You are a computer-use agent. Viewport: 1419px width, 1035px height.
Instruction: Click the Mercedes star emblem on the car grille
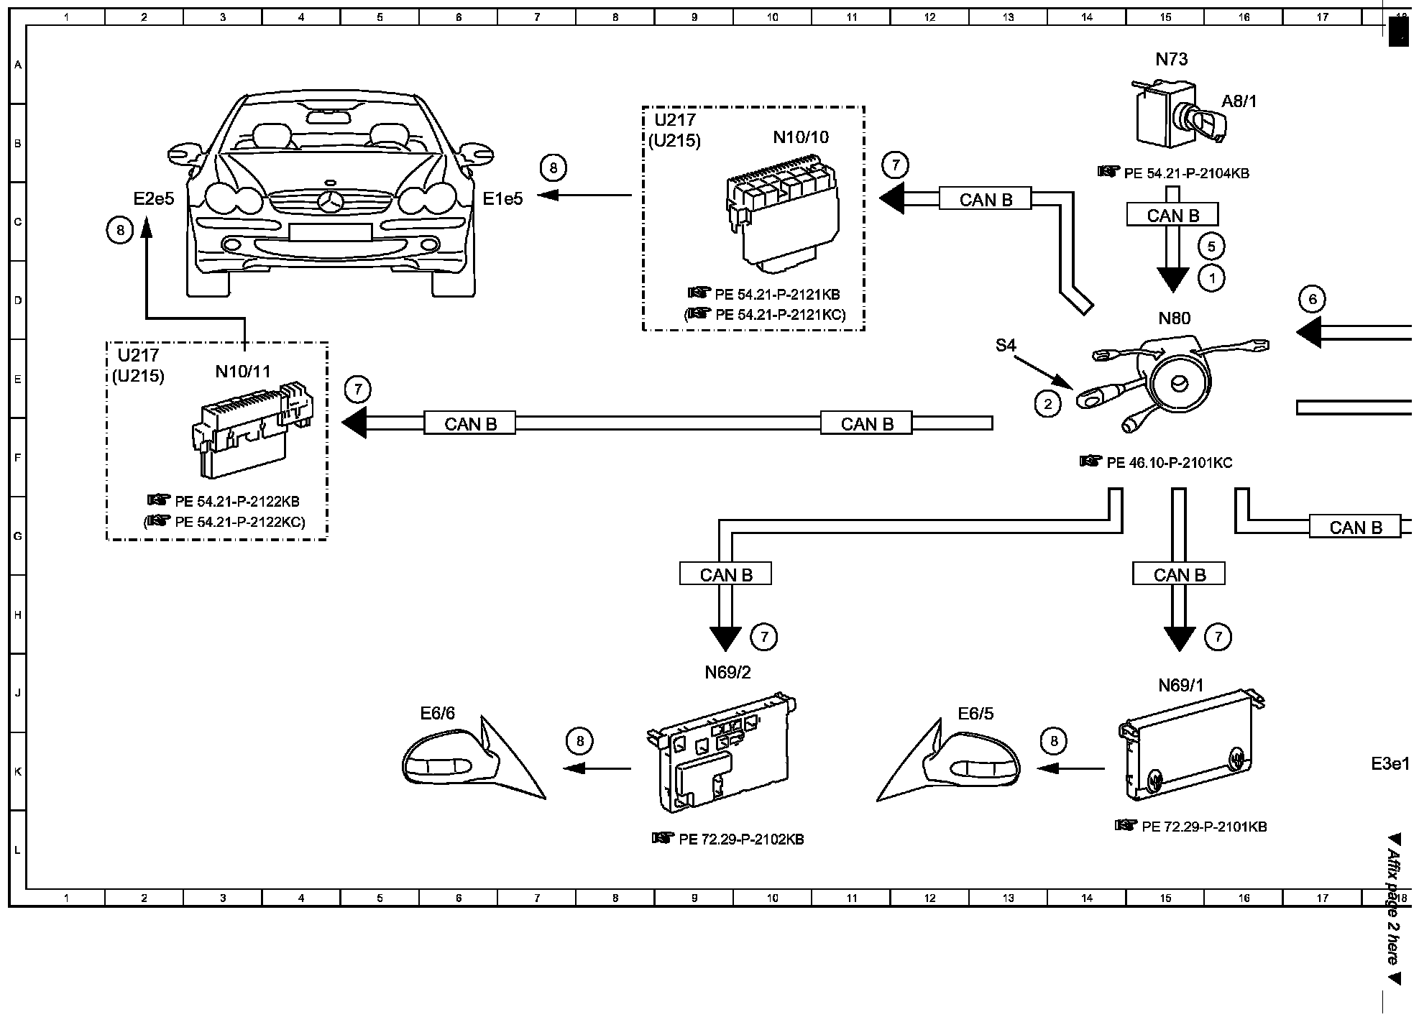(330, 203)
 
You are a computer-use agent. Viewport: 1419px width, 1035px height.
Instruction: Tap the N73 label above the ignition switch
(1172, 60)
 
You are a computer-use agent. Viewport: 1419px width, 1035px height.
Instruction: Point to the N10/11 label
(243, 372)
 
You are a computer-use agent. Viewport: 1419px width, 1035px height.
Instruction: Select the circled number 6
(1312, 299)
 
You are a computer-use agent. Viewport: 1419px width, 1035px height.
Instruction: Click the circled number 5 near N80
(1211, 247)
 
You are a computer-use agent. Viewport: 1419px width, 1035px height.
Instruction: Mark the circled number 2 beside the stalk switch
(1047, 404)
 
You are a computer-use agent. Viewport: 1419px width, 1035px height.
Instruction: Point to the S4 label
(1006, 346)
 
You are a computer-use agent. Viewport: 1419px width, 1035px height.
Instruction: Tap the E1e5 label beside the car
(502, 199)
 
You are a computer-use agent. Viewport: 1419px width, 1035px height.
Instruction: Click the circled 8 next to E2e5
(120, 230)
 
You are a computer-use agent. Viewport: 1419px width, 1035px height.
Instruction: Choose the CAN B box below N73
(1172, 216)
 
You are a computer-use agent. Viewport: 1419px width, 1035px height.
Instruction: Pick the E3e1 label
(1390, 764)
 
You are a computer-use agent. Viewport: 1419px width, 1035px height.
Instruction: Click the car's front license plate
(330, 232)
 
